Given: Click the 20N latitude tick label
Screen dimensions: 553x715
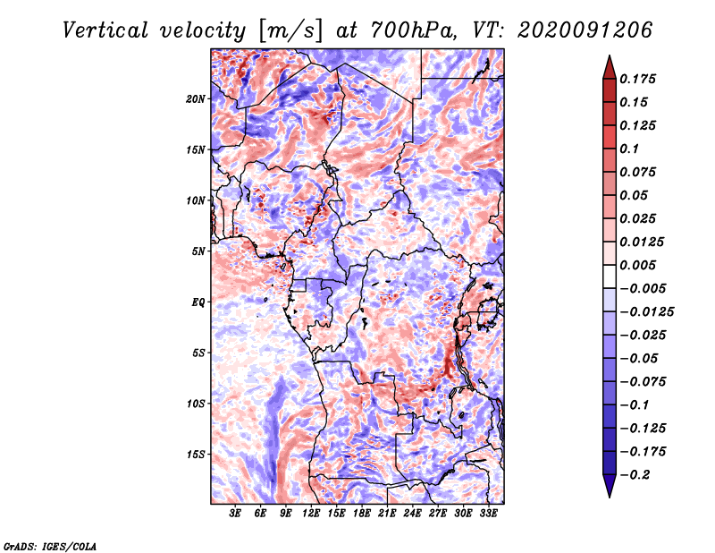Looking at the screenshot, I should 197,98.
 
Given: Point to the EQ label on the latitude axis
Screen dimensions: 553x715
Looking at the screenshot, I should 198,302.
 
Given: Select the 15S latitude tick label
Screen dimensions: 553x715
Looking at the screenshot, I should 197,455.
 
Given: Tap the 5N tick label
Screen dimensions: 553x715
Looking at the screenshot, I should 198,251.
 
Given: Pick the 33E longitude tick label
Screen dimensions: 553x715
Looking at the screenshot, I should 488,514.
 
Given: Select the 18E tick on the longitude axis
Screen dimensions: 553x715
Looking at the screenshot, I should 362,514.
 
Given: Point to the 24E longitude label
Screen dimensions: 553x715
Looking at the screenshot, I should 412,514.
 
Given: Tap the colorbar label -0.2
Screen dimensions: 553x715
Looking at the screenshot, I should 636,474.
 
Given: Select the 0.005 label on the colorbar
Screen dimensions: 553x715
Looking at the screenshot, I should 641,265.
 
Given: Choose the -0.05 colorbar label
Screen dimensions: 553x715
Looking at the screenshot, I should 640,358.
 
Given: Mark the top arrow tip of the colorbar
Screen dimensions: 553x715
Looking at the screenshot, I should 608,57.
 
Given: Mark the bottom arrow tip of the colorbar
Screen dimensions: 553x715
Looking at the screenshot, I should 608,496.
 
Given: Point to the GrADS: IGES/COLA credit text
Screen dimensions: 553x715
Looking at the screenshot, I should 49,545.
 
